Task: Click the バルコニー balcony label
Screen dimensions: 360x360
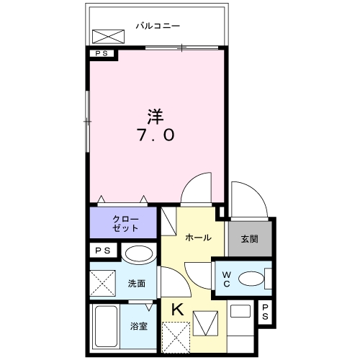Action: [158, 26]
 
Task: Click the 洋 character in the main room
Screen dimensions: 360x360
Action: [154, 115]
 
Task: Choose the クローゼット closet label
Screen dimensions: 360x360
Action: [122, 222]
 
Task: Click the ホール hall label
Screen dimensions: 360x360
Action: [198, 237]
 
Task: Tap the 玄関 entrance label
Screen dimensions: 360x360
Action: [249, 238]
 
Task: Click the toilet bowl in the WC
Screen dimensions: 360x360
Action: [251, 278]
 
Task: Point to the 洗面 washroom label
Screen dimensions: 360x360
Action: [138, 284]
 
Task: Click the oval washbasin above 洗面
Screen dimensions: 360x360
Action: [137, 254]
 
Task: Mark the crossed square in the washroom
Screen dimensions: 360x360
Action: [102, 283]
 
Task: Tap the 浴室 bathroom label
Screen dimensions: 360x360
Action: [139, 326]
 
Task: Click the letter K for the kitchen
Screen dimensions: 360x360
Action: [176, 310]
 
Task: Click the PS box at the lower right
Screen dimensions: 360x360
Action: [266, 312]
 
